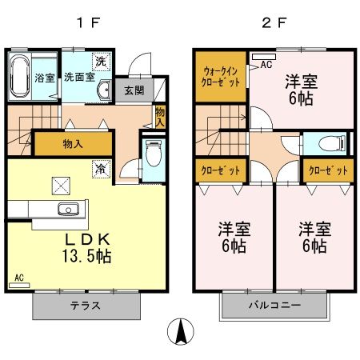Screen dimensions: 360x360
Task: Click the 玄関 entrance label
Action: tap(134, 90)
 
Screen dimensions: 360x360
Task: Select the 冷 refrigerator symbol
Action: tap(101, 170)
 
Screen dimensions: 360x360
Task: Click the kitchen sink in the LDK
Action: tap(66, 210)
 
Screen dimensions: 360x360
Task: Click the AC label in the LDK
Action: tap(18, 278)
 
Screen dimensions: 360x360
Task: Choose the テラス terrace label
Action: tap(86, 306)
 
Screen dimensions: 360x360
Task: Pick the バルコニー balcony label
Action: tap(273, 306)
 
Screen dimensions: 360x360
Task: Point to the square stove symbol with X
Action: tap(62, 185)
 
